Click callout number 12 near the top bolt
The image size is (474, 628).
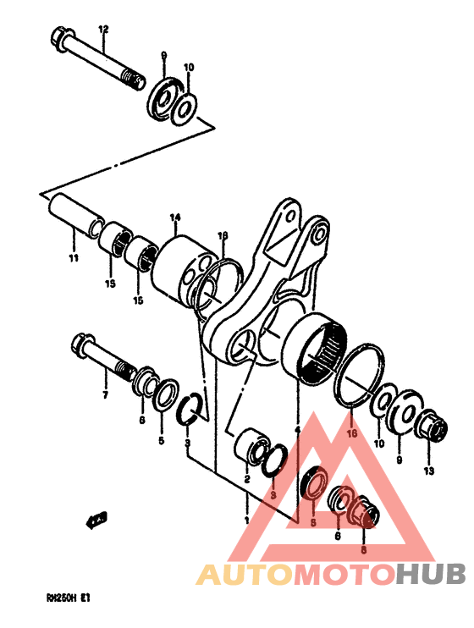click(103, 30)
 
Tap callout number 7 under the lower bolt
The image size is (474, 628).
click(105, 395)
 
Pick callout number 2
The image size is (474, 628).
click(246, 480)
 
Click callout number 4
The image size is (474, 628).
click(297, 430)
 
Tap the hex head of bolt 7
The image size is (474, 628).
click(83, 344)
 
